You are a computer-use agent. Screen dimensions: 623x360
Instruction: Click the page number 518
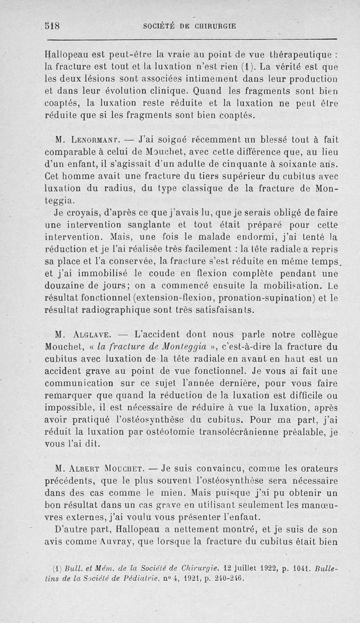(54, 26)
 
